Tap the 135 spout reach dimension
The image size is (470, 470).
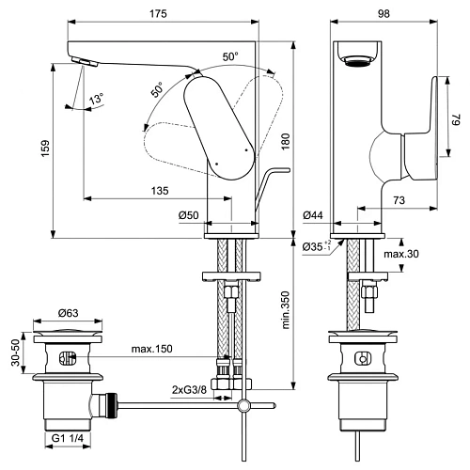tap(159, 190)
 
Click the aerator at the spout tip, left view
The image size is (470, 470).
tap(83, 63)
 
